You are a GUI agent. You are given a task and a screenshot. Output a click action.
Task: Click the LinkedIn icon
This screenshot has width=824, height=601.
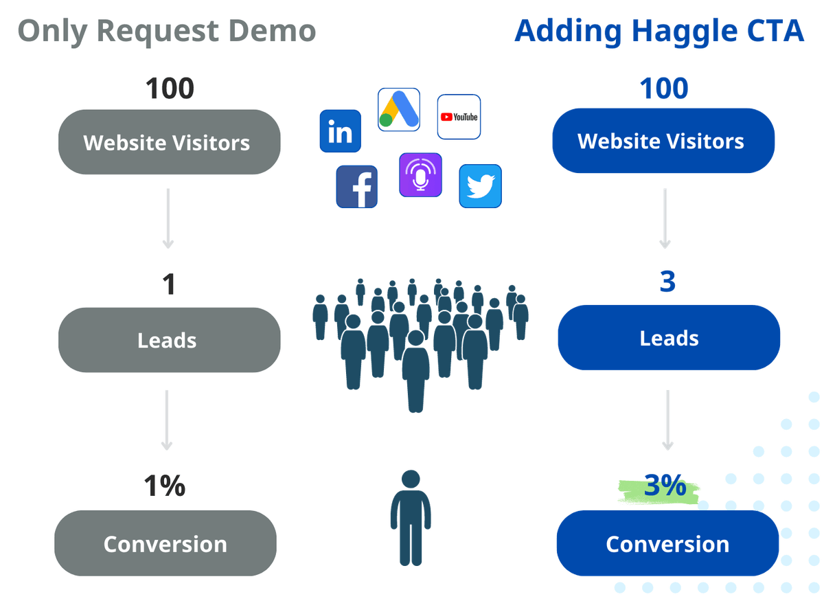(x=340, y=131)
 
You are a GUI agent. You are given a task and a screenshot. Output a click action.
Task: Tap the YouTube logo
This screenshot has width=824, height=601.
(x=459, y=117)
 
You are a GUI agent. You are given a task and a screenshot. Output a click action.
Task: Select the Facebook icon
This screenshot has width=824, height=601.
(x=357, y=186)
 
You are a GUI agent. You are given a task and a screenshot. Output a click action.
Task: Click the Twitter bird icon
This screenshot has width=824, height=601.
(x=480, y=185)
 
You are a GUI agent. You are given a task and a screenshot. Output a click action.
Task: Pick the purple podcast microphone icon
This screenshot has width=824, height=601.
(x=420, y=176)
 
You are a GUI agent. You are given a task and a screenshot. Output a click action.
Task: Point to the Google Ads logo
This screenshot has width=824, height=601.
(x=398, y=110)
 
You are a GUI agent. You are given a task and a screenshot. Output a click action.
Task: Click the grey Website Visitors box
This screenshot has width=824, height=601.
(x=169, y=143)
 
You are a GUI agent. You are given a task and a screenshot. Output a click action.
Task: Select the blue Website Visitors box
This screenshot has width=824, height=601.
(x=663, y=141)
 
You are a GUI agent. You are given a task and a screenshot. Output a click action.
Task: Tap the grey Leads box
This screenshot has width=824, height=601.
(x=169, y=340)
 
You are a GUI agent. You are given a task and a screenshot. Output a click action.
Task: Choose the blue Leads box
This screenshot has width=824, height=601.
(x=669, y=338)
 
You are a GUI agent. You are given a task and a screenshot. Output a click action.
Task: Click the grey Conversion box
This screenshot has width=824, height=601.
(x=165, y=544)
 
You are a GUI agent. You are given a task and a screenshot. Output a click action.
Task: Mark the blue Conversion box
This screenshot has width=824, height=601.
(x=667, y=544)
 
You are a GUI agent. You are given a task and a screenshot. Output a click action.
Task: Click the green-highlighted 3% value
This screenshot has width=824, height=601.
(x=665, y=488)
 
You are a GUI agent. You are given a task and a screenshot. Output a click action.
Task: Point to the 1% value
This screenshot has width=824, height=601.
(x=164, y=486)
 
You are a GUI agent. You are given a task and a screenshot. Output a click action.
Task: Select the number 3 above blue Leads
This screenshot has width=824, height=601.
(x=667, y=282)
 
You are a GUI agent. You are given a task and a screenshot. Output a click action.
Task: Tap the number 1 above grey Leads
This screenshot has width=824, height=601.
(x=168, y=284)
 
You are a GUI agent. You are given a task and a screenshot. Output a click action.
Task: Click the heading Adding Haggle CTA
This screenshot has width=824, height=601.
(x=659, y=32)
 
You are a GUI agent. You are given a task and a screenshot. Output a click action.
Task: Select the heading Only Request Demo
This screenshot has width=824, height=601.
(x=166, y=32)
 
